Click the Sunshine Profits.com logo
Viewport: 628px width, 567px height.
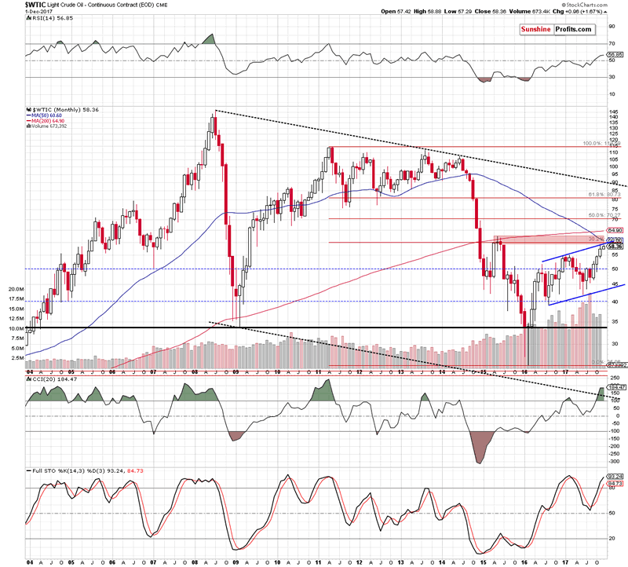pos(557,28)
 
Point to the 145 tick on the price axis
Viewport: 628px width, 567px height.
pos(612,111)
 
